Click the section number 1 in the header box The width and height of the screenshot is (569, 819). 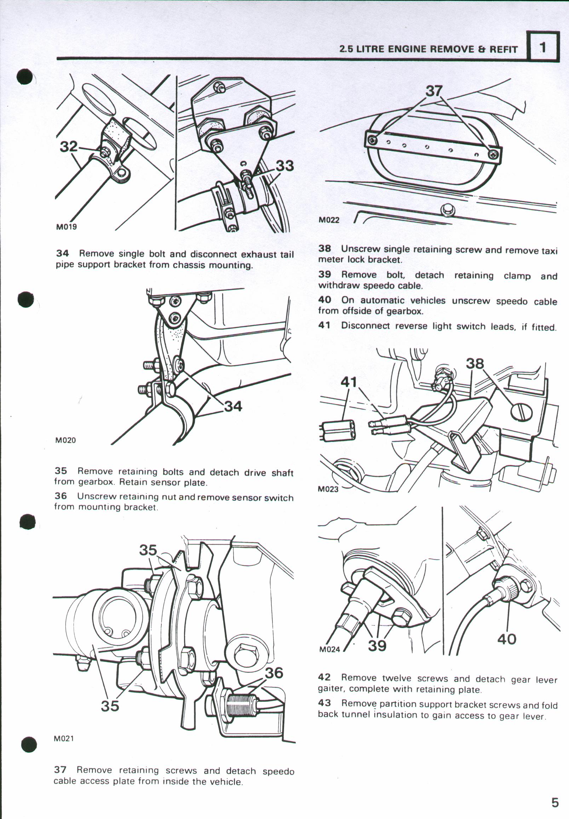[542, 47]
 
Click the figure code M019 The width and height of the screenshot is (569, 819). [66, 227]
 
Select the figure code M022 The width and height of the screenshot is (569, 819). [329, 220]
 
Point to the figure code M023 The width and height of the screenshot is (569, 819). [328, 489]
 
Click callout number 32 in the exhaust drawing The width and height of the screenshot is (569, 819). [69, 146]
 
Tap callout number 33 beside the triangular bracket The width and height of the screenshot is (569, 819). [285, 166]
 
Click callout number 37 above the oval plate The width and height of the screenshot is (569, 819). [434, 91]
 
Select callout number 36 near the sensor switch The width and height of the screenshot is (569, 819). [274, 673]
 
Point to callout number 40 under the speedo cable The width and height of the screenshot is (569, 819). [507, 639]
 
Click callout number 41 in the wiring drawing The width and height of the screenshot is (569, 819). [349, 382]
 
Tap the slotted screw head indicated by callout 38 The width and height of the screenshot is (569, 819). [522, 413]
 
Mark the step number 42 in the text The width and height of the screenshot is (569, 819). [324, 677]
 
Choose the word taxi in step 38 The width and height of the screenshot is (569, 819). [549, 250]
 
